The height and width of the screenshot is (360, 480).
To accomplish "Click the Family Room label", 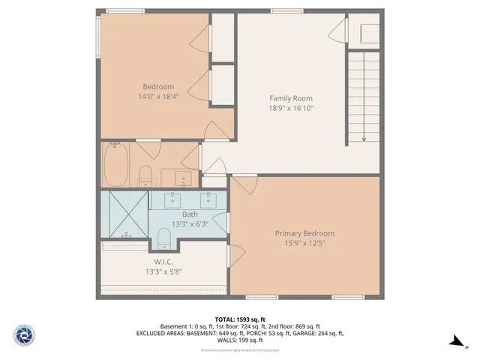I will pos(291,98).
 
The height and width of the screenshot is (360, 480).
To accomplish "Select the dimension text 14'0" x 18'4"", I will pos(158,97).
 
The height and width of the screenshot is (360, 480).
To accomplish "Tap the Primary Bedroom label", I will pos(304,232).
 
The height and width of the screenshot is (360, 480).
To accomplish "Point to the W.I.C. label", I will pos(164,261).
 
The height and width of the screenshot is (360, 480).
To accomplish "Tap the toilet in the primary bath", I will pos(165,239).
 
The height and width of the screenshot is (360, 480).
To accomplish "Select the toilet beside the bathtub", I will pos(146,176).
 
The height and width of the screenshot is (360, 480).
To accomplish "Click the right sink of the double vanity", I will pos(208,199).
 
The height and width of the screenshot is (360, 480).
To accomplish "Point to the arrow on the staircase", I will pos(364,137).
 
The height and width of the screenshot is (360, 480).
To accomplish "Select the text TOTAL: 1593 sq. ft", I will pos(239,319).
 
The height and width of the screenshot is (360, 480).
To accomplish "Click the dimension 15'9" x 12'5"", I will pos(304,243).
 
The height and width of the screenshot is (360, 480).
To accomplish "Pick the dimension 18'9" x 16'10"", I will pos(291,108).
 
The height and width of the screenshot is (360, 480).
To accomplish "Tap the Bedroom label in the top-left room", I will pos(158,86).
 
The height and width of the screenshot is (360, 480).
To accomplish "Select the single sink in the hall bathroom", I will pos(181,178).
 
